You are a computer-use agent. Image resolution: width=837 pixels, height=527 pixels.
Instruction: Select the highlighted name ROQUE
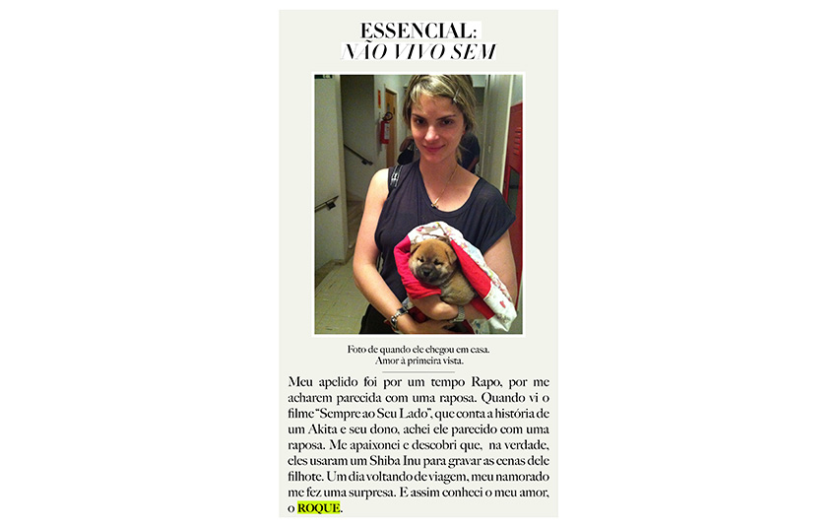[319, 507]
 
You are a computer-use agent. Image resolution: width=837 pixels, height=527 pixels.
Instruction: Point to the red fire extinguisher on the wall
[385, 129]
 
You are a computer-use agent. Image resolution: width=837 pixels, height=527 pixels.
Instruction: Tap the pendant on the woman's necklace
[433, 204]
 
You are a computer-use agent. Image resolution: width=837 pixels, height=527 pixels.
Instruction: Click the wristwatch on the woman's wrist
[397, 318]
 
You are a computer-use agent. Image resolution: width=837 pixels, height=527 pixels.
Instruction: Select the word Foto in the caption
[356, 350]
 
